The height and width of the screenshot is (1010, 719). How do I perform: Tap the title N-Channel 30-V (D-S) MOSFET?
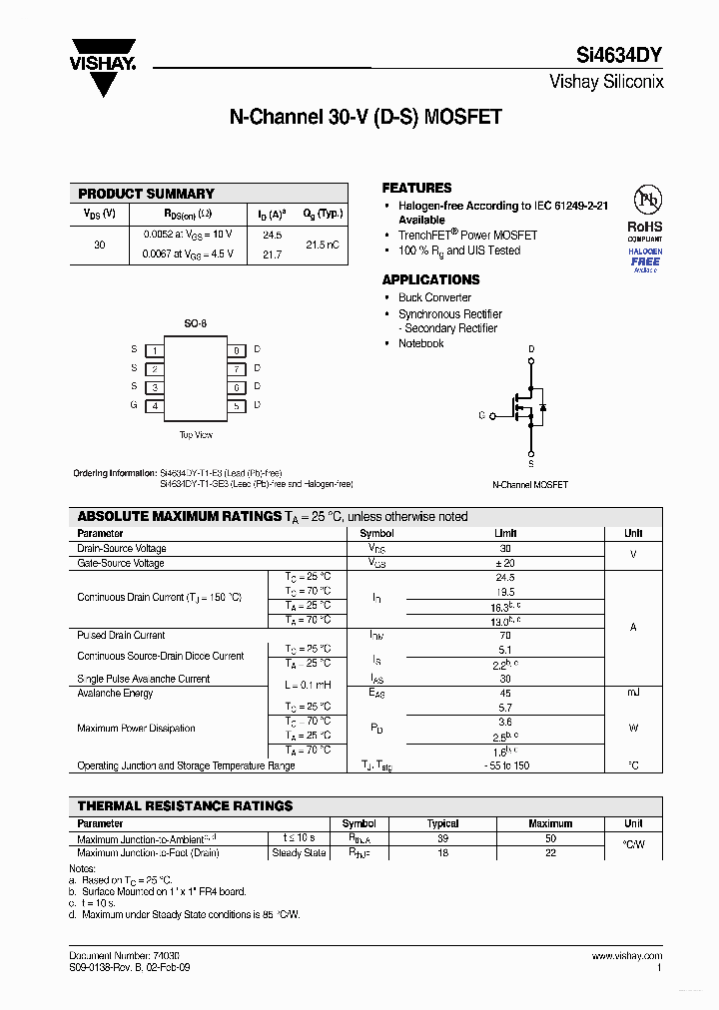tap(365, 118)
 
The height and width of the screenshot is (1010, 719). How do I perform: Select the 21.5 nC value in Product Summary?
tap(322, 245)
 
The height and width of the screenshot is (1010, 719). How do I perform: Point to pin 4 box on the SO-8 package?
tap(154, 406)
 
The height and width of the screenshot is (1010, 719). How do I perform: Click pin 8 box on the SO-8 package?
tap(237, 350)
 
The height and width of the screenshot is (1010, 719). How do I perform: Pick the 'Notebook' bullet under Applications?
tap(420, 343)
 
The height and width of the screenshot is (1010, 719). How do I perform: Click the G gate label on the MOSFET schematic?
tap(481, 414)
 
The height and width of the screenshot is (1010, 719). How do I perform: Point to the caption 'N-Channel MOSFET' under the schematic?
tap(530, 485)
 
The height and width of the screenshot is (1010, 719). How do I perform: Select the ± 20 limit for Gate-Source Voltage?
tap(505, 563)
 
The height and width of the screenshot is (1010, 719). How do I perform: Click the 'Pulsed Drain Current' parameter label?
tap(121, 635)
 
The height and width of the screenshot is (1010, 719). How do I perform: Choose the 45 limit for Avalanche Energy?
tap(505, 693)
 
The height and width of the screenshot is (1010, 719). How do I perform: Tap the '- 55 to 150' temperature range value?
tap(505, 765)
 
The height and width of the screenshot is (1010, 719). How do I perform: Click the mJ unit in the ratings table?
tap(633, 693)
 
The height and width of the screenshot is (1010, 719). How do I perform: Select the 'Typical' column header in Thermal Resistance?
tap(442, 823)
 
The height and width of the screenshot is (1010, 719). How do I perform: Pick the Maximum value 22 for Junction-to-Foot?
tap(550, 853)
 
